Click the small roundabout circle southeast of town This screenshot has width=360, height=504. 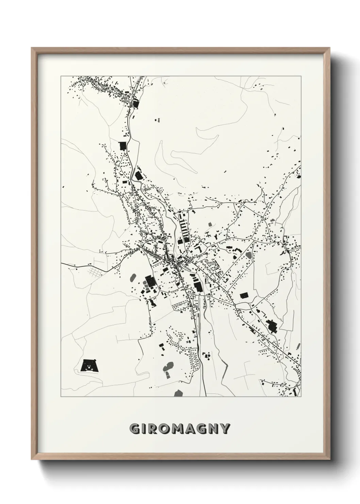[x=235, y=304]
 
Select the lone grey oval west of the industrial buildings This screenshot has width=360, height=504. [x=133, y=278]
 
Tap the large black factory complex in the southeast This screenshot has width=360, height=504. [x=272, y=326]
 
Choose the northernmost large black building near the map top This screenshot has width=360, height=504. [x=136, y=103]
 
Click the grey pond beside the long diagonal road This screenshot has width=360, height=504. [x=248, y=255]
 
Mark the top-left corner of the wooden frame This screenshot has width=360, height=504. [x=32, y=48]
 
